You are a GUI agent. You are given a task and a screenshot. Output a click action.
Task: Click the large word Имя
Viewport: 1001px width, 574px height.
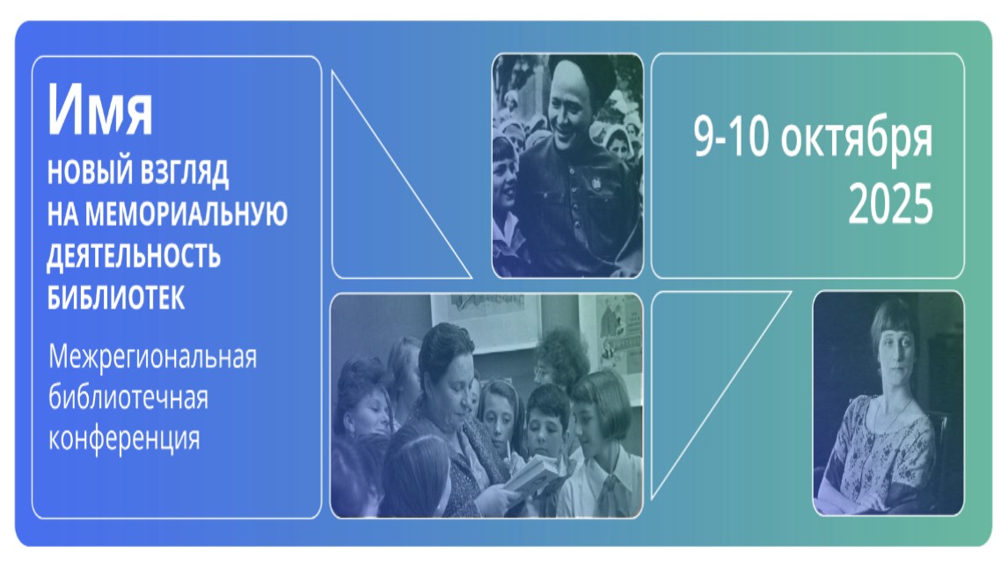point(100,110)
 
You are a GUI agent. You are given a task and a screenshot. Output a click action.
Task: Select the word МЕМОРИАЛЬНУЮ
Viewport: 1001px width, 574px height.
point(186,214)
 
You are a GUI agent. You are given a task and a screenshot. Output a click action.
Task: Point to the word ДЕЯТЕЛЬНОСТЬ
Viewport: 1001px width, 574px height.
point(134,256)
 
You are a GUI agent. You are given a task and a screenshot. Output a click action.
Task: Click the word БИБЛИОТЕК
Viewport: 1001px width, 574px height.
point(116,297)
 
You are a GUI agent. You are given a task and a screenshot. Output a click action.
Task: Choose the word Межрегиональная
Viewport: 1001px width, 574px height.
point(152,357)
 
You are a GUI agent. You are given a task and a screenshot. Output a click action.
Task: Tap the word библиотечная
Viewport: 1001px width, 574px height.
point(128,398)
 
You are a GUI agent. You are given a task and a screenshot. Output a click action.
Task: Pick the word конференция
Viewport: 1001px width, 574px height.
point(125,440)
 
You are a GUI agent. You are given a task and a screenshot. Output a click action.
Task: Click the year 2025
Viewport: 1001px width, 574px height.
point(890,204)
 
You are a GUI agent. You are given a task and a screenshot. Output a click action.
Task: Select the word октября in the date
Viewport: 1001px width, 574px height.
point(857,138)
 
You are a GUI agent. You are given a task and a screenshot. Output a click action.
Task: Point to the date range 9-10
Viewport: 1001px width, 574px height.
point(732,137)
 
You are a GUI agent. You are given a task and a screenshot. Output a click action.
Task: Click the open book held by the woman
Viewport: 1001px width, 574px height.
point(533,476)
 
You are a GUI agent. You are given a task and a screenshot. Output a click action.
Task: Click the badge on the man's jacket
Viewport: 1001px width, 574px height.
point(595,183)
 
